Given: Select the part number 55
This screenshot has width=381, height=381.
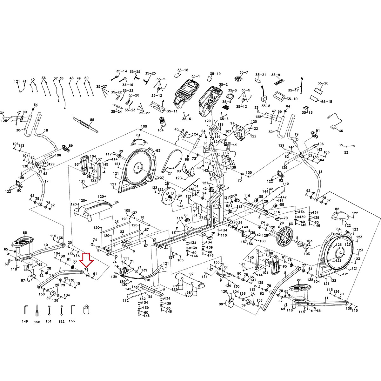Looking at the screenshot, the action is (92, 120).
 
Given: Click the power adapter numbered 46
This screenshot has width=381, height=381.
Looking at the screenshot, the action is (333, 127).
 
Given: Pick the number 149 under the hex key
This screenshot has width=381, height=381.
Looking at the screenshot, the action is (25, 321).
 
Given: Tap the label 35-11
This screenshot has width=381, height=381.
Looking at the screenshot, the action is (172, 111).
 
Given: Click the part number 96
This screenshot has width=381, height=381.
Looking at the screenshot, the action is (117, 202).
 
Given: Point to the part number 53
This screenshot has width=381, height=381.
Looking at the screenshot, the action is (346, 152).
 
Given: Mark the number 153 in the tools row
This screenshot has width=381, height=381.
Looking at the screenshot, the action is (72, 321).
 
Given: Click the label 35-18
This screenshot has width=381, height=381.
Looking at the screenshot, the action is (183, 70).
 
